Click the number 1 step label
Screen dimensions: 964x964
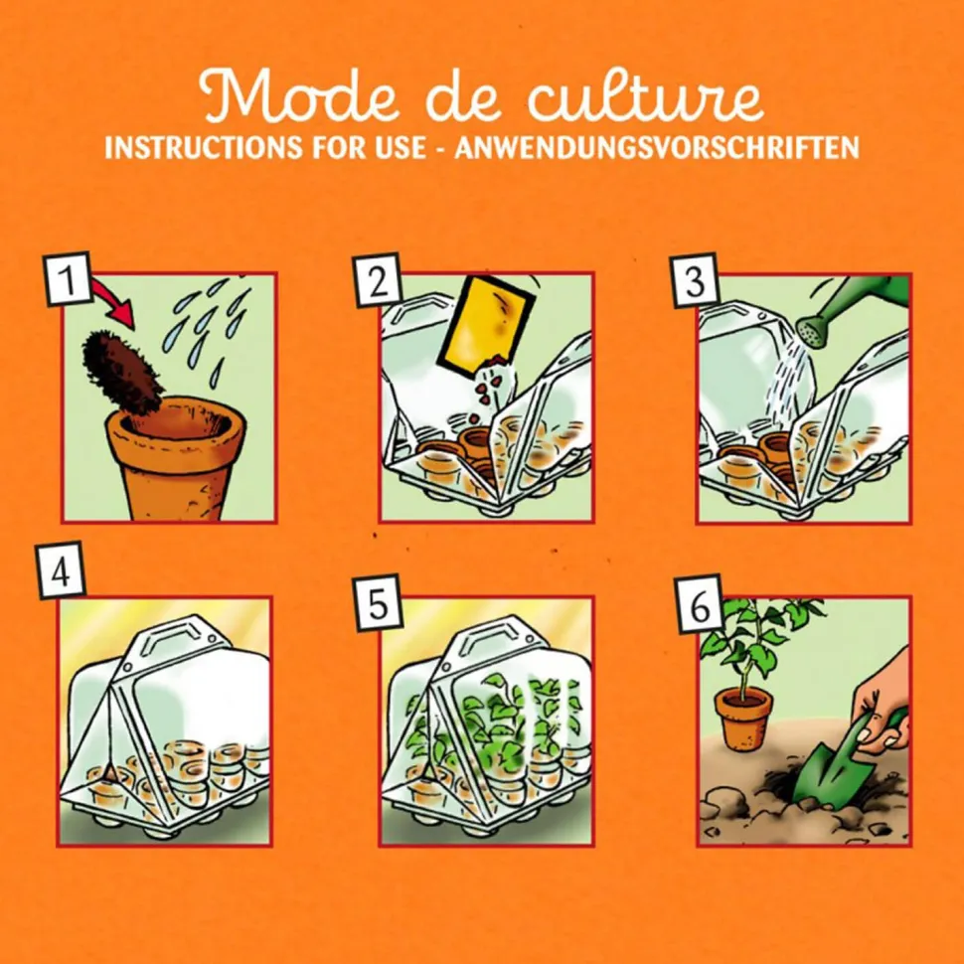point(66,281)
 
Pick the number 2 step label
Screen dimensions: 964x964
point(378,281)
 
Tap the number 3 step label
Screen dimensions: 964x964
point(695,281)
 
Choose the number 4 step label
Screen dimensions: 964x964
point(61,573)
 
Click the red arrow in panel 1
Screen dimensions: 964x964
point(114,302)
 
